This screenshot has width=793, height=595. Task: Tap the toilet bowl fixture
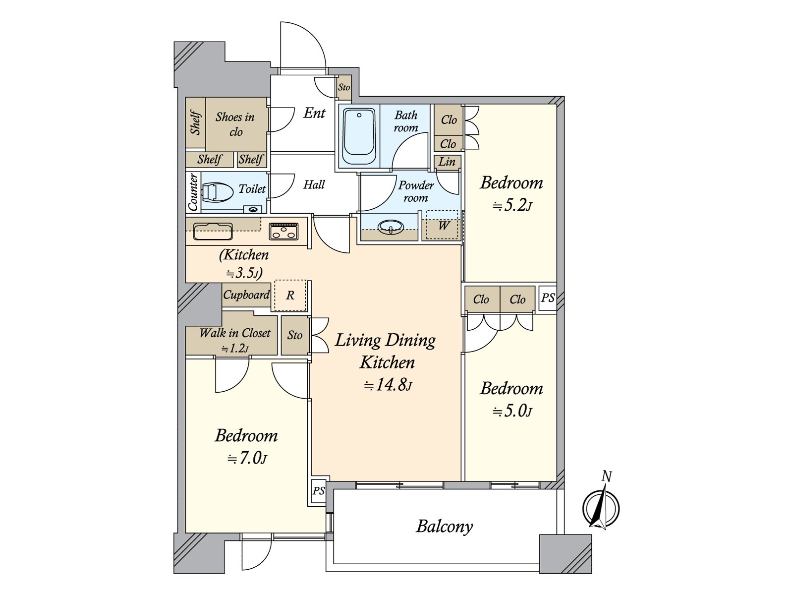(x=218, y=192)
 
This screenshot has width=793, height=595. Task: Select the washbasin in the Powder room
(x=391, y=228)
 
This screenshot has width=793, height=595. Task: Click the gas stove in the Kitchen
(x=283, y=231)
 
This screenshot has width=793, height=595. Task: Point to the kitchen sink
(x=213, y=231)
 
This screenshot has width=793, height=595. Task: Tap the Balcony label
(x=445, y=526)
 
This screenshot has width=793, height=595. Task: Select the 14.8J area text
(x=388, y=385)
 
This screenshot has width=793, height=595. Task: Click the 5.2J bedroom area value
(x=512, y=205)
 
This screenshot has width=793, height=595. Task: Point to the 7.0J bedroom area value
(x=247, y=458)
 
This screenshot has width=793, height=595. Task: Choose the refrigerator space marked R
(x=290, y=296)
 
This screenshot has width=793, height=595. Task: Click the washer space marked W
(x=443, y=226)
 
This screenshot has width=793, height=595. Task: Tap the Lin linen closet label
(x=447, y=162)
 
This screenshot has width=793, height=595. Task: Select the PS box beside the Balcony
(x=318, y=491)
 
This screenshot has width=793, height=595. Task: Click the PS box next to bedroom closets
(x=547, y=298)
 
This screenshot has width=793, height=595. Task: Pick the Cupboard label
(x=246, y=295)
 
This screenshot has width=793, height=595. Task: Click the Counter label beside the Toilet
(x=193, y=192)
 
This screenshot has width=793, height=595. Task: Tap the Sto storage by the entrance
(x=344, y=87)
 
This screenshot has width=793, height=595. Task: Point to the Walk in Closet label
(x=235, y=333)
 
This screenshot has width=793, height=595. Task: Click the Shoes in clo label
(x=235, y=124)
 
